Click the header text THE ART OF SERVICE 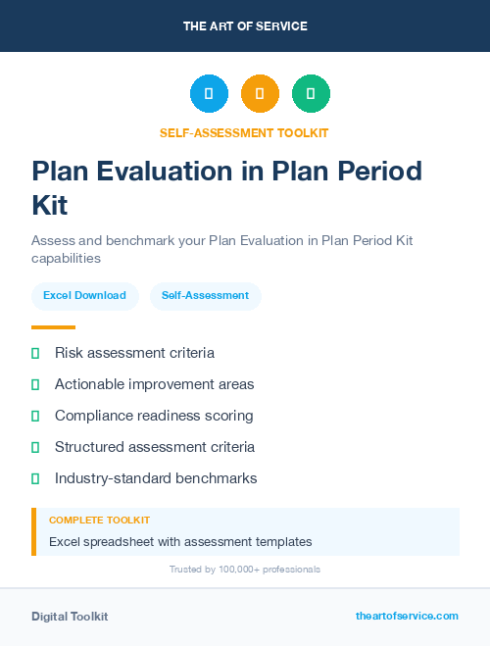[x=245, y=26]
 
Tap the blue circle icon [x=209, y=94]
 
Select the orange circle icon [x=260, y=94]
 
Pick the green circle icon [x=311, y=94]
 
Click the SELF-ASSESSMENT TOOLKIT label [x=244, y=132]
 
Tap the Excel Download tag [x=84, y=295]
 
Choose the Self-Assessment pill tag [x=205, y=295]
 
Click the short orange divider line [x=53, y=327]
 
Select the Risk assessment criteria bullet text [x=134, y=353]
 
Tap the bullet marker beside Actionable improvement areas [x=35, y=384]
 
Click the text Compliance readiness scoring [x=154, y=416]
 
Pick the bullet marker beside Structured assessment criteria [x=35, y=447]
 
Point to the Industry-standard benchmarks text [x=156, y=478]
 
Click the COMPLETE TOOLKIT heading [x=99, y=521]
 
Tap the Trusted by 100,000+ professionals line [x=244, y=570]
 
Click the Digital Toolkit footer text [x=70, y=617]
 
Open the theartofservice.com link [x=407, y=616]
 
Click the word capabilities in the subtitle [x=66, y=259]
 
